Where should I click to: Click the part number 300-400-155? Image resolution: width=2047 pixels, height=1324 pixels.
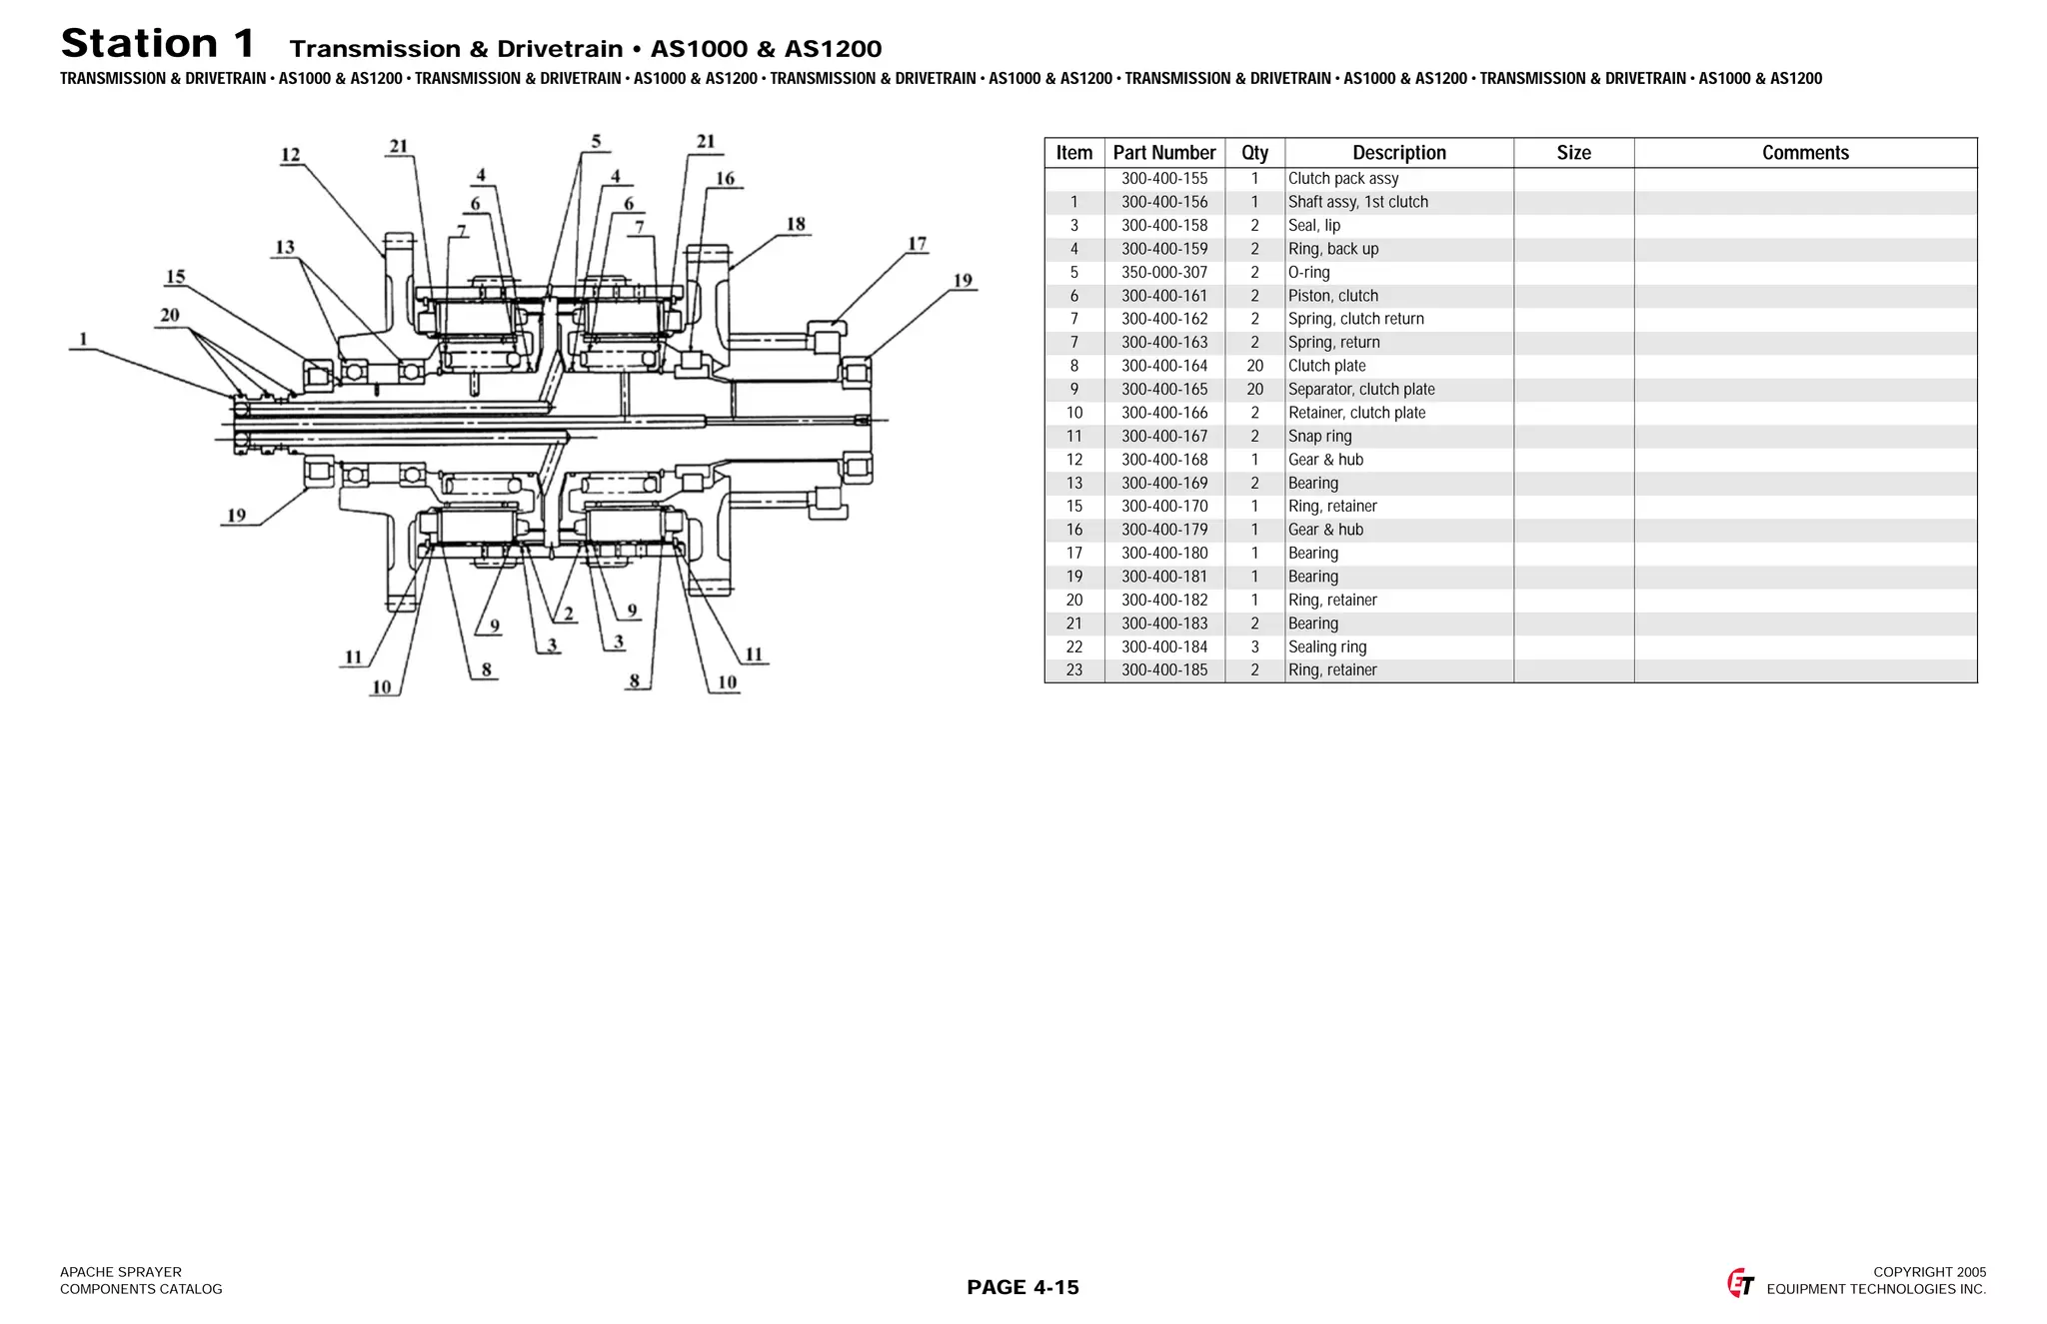(x=1163, y=179)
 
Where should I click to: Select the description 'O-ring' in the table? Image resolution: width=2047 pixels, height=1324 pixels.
(x=1308, y=273)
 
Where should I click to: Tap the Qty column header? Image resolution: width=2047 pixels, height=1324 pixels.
(x=1254, y=153)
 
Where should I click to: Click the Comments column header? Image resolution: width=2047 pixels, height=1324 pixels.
(x=1804, y=153)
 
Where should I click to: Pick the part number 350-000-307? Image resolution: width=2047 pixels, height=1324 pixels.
(x=1163, y=273)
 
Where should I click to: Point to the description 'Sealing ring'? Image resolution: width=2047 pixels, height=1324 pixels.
(x=1326, y=648)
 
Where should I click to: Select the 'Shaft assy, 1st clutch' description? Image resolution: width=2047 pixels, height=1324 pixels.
(x=1357, y=202)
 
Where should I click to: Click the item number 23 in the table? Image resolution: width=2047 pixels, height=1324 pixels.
(x=1073, y=670)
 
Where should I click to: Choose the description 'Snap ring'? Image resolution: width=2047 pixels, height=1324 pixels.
(x=1319, y=437)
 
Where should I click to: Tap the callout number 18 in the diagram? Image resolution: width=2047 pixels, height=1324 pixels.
(x=796, y=224)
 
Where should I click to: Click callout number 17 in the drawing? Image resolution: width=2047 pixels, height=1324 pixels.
(x=917, y=244)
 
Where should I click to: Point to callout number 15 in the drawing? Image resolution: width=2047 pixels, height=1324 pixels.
(x=176, y=277)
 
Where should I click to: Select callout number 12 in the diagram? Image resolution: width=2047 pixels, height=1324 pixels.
(x=290, y=155)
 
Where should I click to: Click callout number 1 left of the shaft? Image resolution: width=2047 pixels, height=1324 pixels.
(x=83, y=339)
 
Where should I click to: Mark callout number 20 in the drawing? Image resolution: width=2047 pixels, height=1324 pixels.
(x=170, y=316)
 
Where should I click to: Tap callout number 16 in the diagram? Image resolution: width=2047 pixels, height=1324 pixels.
(x=725, y=179)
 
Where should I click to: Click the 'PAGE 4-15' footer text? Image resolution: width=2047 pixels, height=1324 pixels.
(x=1023, y=1287)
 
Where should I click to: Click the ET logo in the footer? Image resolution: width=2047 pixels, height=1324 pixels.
(x=1740, y=1283)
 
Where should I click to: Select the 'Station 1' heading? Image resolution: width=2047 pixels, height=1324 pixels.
(x=158, y=44)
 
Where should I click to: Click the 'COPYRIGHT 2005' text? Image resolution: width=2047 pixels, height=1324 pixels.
(x=1929, y=1272)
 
